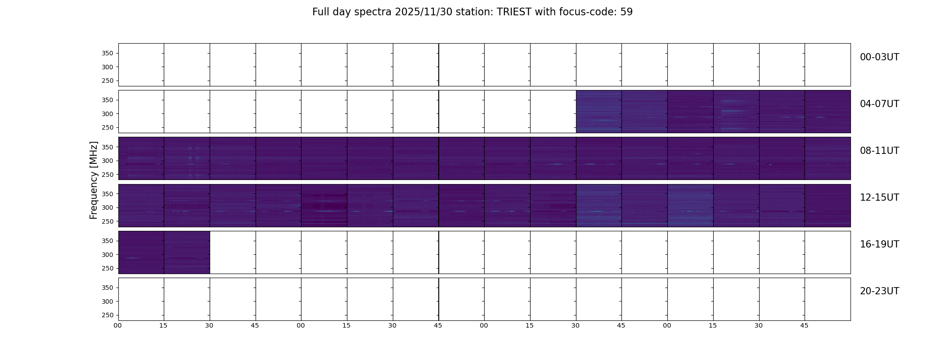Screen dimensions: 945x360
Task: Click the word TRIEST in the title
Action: click(x=514, y=12)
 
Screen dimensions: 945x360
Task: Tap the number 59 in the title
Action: click(x=626, y=12)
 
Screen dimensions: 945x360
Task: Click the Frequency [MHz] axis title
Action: click(x=94, y=180)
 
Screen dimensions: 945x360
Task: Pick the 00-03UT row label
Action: click(x=879, y=57)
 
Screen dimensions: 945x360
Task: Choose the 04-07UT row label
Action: click(x=879, y=104)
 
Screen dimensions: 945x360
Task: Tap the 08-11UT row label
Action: click(x=879, y=151)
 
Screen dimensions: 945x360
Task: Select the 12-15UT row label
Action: click(x=879, y=198)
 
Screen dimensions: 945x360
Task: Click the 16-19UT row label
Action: click(x=879, y=244)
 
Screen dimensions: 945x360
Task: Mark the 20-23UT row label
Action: click(x=879, y=291)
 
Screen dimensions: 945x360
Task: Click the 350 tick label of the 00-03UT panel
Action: click(x=108, y=53)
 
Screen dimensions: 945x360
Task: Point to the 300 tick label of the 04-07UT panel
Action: click(x=108, y=114)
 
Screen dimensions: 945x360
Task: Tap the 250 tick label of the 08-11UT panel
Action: click(x=108, y=175)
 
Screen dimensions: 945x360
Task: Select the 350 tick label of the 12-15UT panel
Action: click(x=108, y=194)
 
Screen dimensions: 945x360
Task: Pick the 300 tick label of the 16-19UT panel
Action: click(x=108, y=255)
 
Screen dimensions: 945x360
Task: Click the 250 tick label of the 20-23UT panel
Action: click(x=108, y=315)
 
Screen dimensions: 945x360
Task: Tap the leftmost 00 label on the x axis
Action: click(x=117, y=326)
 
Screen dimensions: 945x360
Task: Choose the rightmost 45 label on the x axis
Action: click(x=804, y=326)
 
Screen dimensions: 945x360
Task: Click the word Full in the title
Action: click(x=321, y=12)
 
